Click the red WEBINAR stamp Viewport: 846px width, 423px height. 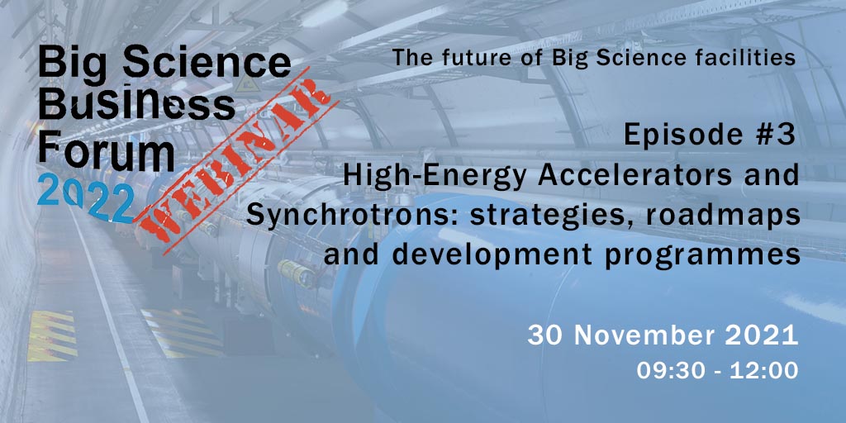coord(235,161)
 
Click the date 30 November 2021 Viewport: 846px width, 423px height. coord(663,335)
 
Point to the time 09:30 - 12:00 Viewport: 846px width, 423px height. coord(717,370)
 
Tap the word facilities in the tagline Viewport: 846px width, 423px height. coord(748,57)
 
